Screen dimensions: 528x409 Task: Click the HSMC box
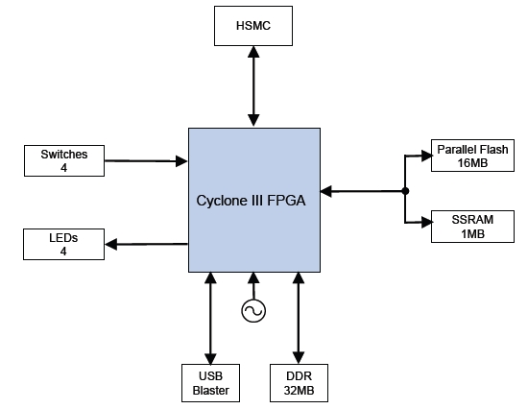(x=253, y=26)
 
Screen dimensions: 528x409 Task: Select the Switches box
(x=64, y=160)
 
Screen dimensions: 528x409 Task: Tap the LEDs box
(x=63, y=244)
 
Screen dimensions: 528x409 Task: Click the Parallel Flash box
(x=472, y=156)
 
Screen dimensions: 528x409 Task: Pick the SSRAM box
(x=472, y=227)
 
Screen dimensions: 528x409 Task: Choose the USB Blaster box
(x=210, y=383)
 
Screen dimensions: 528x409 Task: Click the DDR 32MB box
(x=299, y=383)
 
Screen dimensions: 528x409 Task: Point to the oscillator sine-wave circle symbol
(x=253, y=311)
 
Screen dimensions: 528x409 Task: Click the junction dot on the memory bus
(x=405, y=191)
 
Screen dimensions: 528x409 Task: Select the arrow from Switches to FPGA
(x=146, y=161)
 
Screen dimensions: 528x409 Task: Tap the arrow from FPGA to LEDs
(x=147, y=244)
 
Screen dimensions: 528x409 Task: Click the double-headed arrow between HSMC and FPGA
(x=253, y=85)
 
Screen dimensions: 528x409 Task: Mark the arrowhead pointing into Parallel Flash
(x=427, y=156)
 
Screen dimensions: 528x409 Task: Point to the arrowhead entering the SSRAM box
(x=427, y=222)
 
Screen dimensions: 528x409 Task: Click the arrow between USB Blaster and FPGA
(x=210, y=318)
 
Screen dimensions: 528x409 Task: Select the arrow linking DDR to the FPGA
(x=299, y=318)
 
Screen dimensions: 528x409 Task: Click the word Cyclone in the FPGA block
(x=221, y=201)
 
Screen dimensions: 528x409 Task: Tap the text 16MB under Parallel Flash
(x=472, y=163)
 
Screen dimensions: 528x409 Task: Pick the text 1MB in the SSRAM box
(x=472, y=234)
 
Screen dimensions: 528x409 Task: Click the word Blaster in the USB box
(x=211, y=391)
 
